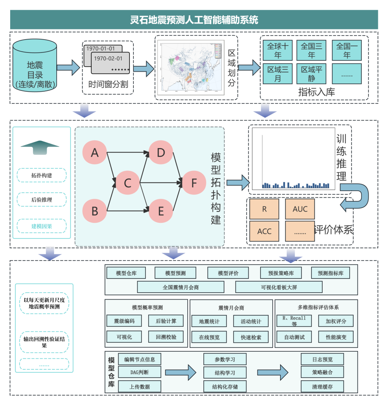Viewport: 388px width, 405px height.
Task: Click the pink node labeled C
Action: (128, 182)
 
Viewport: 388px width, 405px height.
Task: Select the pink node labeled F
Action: (194, 182)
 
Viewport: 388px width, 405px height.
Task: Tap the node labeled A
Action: (95, 153)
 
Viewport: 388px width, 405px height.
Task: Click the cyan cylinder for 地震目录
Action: (35, 67)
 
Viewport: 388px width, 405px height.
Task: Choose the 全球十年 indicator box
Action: (277, 51)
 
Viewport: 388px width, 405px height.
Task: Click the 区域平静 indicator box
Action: (311, 74)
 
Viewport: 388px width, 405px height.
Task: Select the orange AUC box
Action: (300, 209)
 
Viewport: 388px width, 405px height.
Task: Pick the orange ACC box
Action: (264, 231)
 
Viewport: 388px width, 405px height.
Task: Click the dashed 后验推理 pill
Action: (42, 200)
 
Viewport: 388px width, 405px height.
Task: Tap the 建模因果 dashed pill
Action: (42, 226)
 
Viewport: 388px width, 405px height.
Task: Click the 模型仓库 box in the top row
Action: (126, 273)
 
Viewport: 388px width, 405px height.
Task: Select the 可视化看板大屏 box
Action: (279, 287)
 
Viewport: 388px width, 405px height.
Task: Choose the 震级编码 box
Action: (124, 321)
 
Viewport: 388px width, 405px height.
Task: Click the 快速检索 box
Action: (251, 337)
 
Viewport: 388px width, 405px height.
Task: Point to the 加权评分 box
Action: (336, 321)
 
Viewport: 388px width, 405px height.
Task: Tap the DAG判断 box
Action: (139, 372)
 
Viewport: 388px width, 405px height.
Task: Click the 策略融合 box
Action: (322, 372)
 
